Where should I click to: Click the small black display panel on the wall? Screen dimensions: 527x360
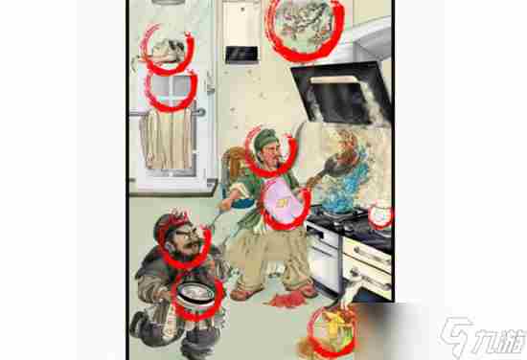coord(241,55)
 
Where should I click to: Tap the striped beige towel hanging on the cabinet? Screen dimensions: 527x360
coord(167,138)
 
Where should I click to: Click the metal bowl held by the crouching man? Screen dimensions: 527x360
coord(195,293)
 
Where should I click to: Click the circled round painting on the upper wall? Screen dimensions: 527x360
coord(305,26)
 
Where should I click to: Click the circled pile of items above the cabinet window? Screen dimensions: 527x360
coord(167,51)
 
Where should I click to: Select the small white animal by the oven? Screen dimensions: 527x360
coord(350,289)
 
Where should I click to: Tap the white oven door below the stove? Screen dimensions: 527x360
coord(323,257)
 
